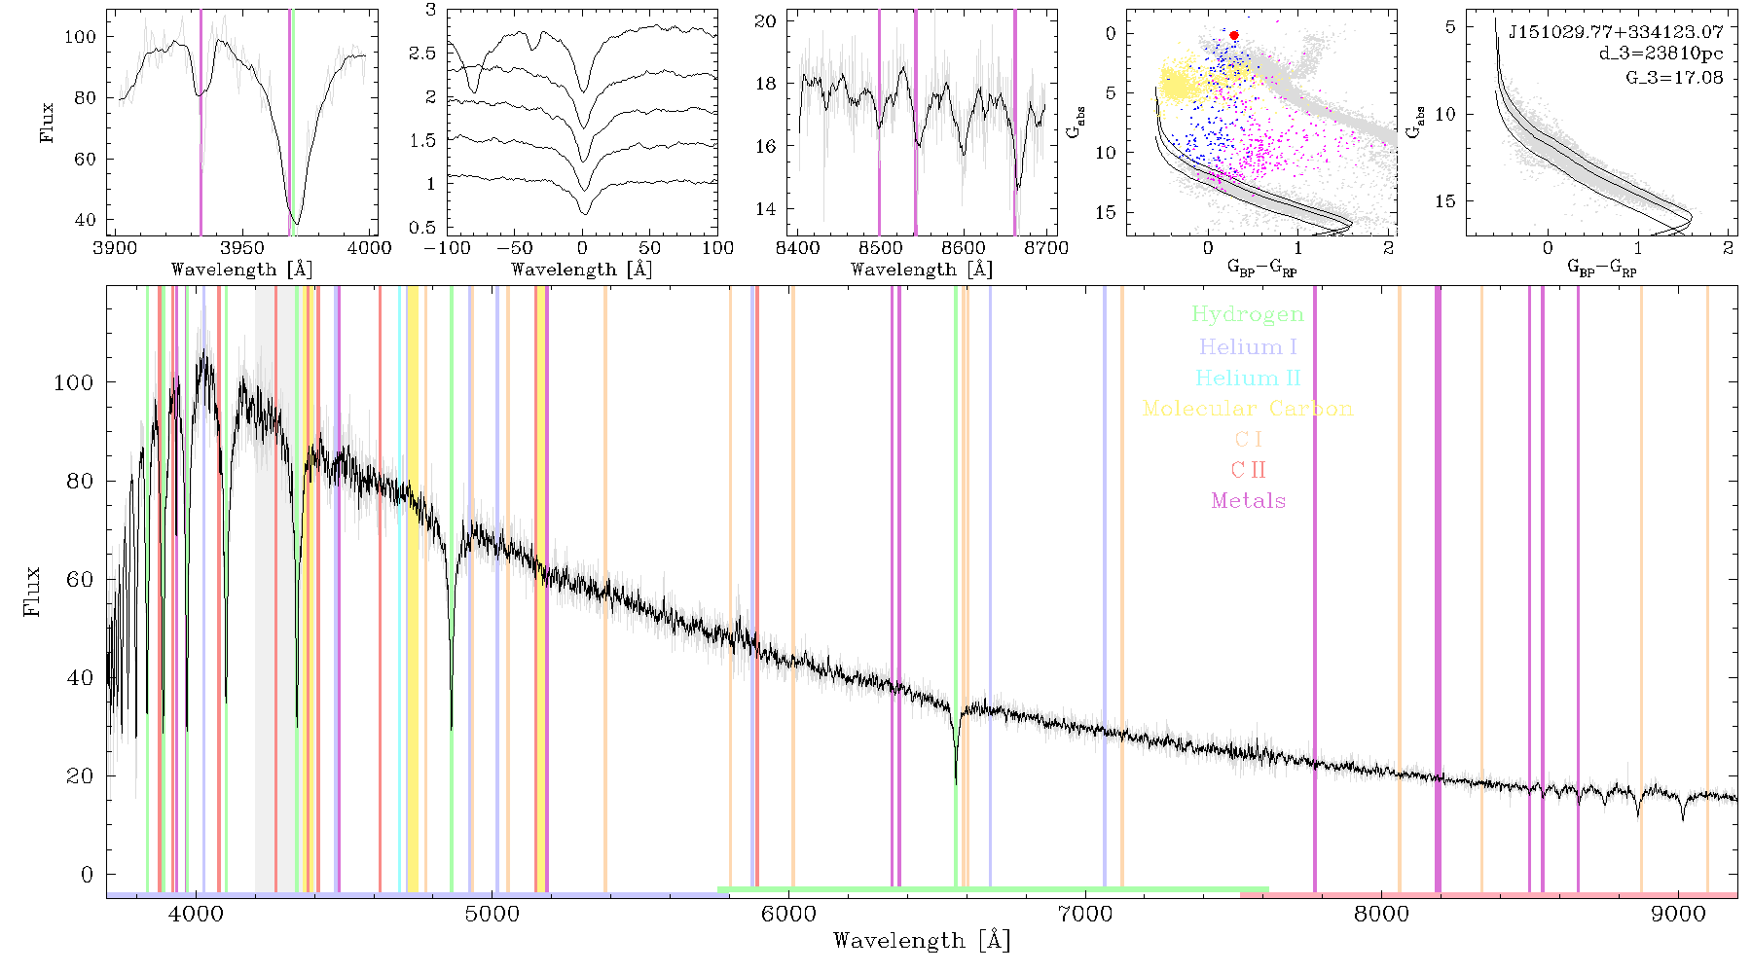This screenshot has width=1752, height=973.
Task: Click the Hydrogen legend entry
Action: (x=1247, y=315)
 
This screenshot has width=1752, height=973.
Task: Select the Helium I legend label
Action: (x=1248, y=346)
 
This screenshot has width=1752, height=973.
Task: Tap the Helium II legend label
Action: (x=1248, y=378)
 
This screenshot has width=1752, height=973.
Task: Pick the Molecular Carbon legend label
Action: (x=1248, y=409)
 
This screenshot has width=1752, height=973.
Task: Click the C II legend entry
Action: (x=1248, y=470)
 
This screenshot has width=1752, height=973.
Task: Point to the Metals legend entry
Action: (x=1249, y=501)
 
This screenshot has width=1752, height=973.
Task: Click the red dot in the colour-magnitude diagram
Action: (x=1234, y=35)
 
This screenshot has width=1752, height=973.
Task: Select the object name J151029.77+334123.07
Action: (x=1616, y=32)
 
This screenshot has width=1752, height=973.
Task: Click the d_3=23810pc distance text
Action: (x=1661, y=54)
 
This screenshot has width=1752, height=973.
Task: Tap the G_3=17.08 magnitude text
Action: (x=1674, y=77)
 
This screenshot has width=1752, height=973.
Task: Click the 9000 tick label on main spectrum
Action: (x=1678, y=914)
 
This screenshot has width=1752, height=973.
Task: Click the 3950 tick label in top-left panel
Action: (x=241, y=248)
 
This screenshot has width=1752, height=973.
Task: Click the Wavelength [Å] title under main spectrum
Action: (x=922, y=941)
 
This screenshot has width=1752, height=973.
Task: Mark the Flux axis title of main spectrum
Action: (x=32, y=591)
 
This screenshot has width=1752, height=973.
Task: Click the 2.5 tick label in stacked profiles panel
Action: (x=422, y=54)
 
